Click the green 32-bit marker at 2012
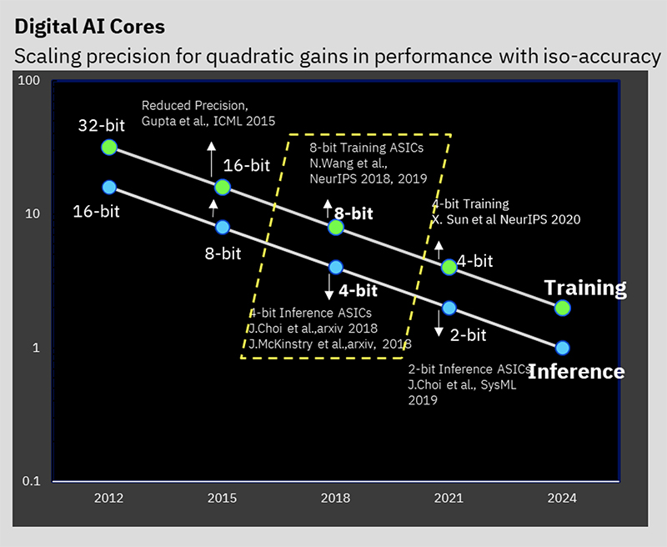tap(108, 148)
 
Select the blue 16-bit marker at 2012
tap(108, 187)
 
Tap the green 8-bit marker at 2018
tap(336, 227)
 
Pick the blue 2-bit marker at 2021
tap(449, 308)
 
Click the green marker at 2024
tap(563, 308)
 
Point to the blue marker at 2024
tap(563, 348)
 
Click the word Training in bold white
tap(584, 289)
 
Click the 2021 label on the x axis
tap(449, 498)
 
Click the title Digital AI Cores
tap(90, 26)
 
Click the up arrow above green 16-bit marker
tap(212, 156)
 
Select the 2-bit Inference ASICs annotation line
tap(469, 369)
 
